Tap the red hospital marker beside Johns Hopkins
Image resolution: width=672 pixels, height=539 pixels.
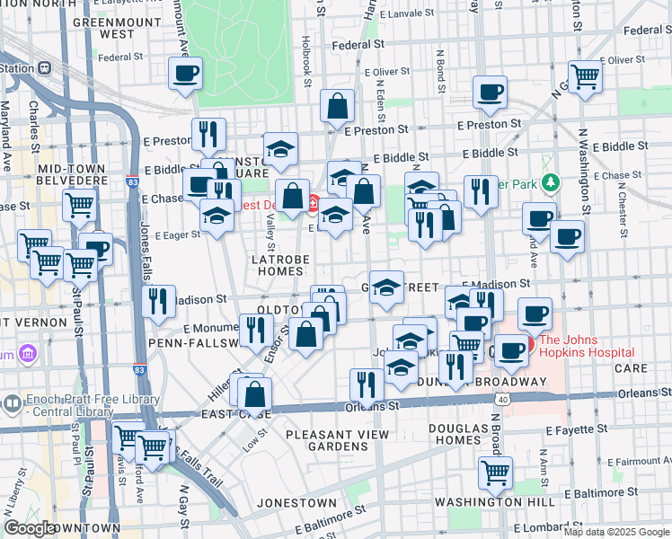click(x=529, y=343)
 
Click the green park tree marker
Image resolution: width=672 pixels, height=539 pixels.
click(x=550, y=183)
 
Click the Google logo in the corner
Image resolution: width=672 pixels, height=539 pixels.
click(x=30, y=527)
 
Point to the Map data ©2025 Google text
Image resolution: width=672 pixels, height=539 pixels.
click(x=616, y=532)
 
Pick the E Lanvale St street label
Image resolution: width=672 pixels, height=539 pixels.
click(x=406, y=13)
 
